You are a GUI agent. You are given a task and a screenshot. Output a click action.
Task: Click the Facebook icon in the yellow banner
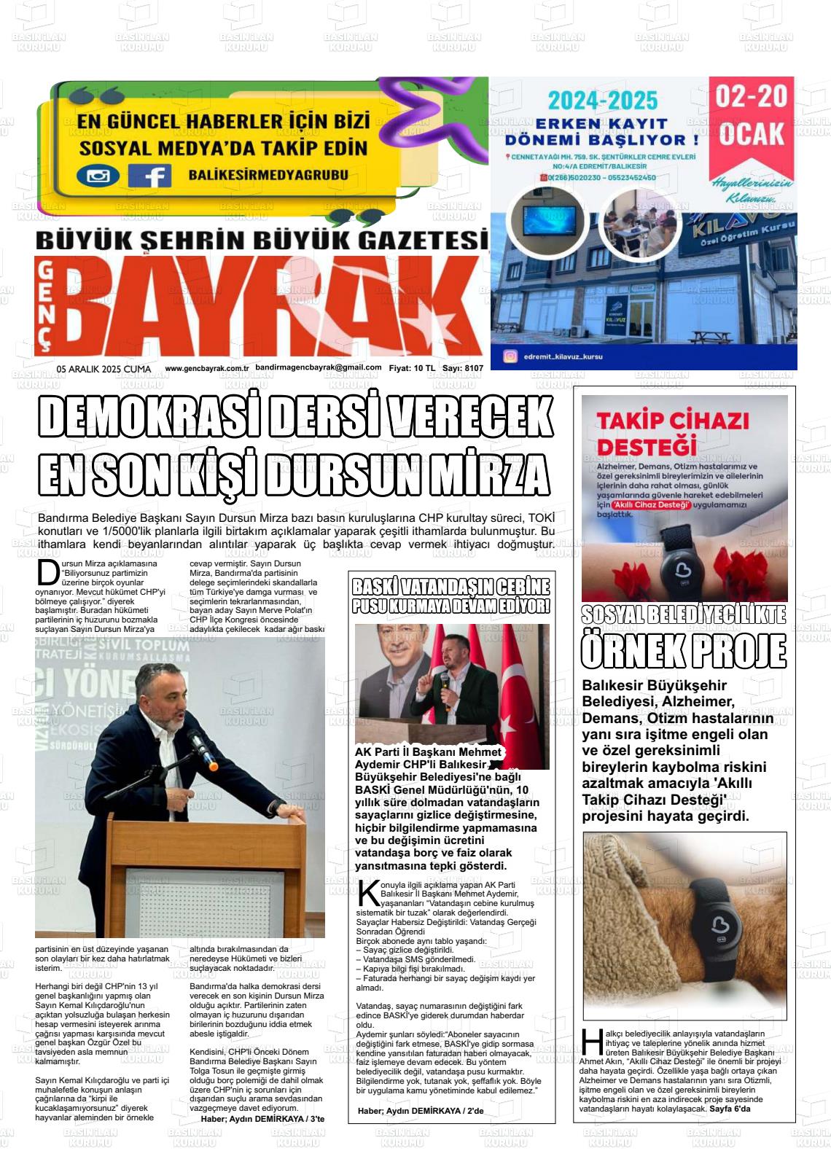click(x=150, y=176)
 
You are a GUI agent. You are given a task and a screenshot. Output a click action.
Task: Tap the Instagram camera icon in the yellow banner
click(x=98, y=176)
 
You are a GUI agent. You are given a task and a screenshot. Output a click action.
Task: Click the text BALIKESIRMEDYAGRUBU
click(x=268, y=175)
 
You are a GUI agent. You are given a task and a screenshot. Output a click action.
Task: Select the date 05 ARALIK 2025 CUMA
click(x=104, y=369)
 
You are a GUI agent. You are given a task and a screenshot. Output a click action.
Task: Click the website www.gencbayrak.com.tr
click(x=207, y=369)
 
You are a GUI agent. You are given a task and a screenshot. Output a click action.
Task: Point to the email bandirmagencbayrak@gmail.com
click(x=319, y=368)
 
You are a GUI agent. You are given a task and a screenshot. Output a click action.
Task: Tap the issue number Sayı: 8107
click(x=462, y=369)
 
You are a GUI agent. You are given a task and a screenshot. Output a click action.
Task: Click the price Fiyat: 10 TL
click(x=411, y=369)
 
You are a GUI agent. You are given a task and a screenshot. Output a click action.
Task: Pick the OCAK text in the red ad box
click(x=752, y=133)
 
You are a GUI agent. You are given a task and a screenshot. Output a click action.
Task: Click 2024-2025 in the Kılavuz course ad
click(x=603, y=101)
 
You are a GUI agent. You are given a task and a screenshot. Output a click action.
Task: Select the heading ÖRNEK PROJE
click(x=683, y=650)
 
